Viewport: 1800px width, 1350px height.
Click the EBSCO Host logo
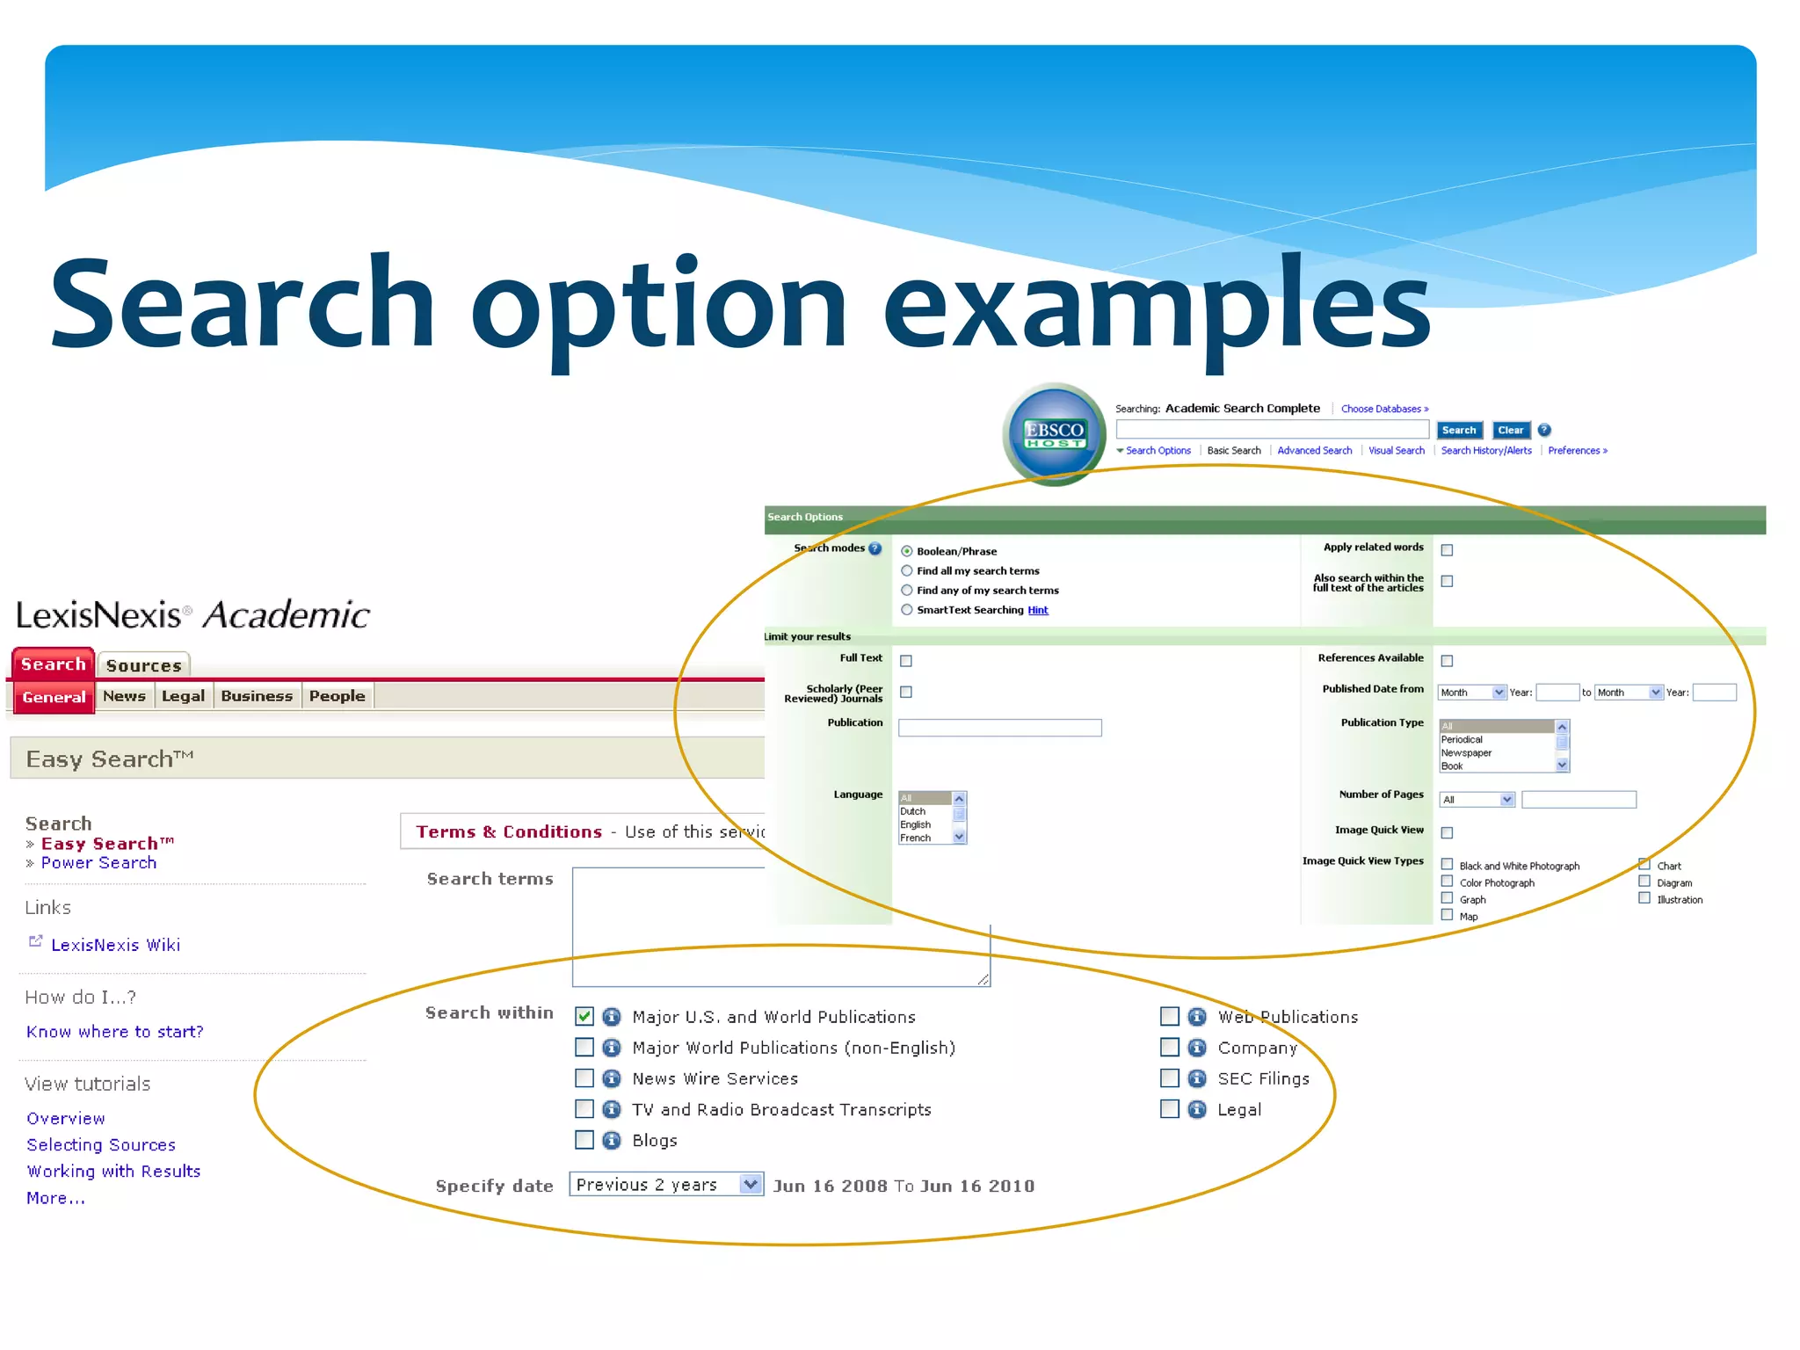(1054, 434)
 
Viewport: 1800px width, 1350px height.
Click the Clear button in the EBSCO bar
(1510, 430)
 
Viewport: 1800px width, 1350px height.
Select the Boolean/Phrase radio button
(906, 551)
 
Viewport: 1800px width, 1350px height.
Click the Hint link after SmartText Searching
(1038, 610)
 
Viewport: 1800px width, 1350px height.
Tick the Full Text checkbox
(906, 661)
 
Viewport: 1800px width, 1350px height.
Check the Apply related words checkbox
(1447, 550)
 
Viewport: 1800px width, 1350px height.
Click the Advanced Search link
(1314, 451)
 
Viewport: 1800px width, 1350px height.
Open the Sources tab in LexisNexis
(143, 665)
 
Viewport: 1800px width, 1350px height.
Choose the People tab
(337, 696)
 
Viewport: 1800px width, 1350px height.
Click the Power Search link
(98, 863)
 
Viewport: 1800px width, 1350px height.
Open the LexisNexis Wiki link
(115, 945)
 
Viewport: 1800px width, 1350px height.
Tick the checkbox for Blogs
(584, 1140)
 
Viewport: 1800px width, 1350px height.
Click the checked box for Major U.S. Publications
(584, 1016)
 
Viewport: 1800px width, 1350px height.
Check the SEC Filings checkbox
(1169, 1078)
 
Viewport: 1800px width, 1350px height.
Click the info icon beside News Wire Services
(612, 1078)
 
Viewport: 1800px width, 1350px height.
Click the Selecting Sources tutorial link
(101, 1145)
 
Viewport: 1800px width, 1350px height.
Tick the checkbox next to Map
(1447, 916)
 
